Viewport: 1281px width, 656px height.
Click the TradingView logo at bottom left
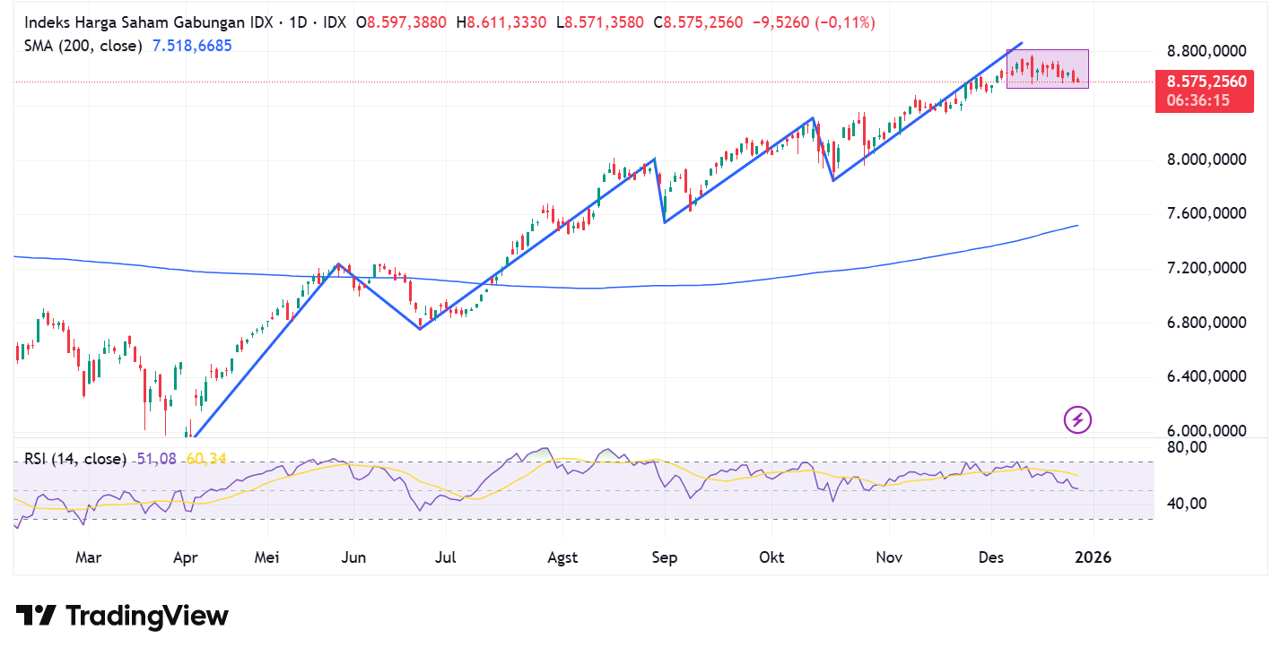pos(122,616)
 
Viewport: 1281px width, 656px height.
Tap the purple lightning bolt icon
pos(1076,419)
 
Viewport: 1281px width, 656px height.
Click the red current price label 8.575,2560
pos(1205,82)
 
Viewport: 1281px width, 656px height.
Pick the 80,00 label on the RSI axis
pos(1186,447)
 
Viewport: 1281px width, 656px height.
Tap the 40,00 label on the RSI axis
pos(1186,504)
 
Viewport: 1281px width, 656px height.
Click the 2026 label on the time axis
pos(1093,557)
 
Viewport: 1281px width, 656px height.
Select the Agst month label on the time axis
pos(562,557)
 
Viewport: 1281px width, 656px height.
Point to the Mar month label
pos(88,557)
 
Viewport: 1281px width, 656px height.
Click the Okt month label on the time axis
pos(771,557)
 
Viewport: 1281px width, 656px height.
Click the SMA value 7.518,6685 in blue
pos(192,45)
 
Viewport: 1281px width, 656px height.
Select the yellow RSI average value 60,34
pos(205,459)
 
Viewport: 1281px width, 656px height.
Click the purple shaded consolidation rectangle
pos(1047,69)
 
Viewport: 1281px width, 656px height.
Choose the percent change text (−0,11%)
pos(844,22)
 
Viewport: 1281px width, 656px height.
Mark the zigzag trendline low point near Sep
pos(664,222)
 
